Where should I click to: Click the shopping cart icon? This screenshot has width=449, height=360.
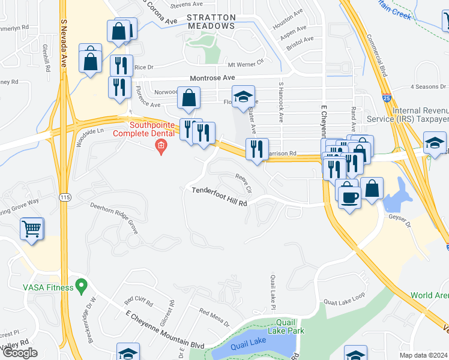[31, 229]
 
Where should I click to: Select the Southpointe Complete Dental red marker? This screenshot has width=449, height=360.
[160, 146]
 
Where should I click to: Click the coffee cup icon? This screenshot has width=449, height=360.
[349, 196]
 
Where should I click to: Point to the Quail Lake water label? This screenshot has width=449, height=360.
[248, 341]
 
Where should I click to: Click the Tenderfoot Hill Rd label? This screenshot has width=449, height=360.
[219, 197]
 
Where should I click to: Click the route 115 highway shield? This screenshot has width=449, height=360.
[64, 197]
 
